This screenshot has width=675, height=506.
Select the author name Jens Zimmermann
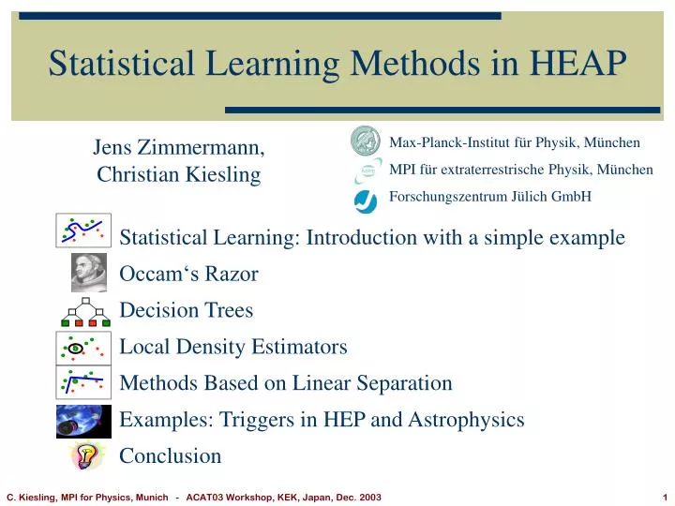click(x=178, y=147)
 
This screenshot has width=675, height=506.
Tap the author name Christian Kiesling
click(x=178, y=174)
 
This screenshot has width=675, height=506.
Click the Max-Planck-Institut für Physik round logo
click(x=365, y=141)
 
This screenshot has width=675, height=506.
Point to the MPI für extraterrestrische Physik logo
click(x=367, y=171)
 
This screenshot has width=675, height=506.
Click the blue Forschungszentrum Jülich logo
click(x=366, y=199)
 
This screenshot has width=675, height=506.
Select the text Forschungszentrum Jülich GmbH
click(x=489, y=197)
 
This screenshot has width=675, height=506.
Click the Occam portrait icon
click(x=88, y=274)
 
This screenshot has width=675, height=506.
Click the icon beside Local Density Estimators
click(x=83, y=348)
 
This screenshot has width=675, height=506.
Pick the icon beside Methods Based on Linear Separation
click(x=83, y=383)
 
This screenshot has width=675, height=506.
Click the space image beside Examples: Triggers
click(x=83, y=421)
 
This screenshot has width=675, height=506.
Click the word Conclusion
click(x=171, y=456)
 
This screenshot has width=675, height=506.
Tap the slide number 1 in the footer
click(x=663, y=497)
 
